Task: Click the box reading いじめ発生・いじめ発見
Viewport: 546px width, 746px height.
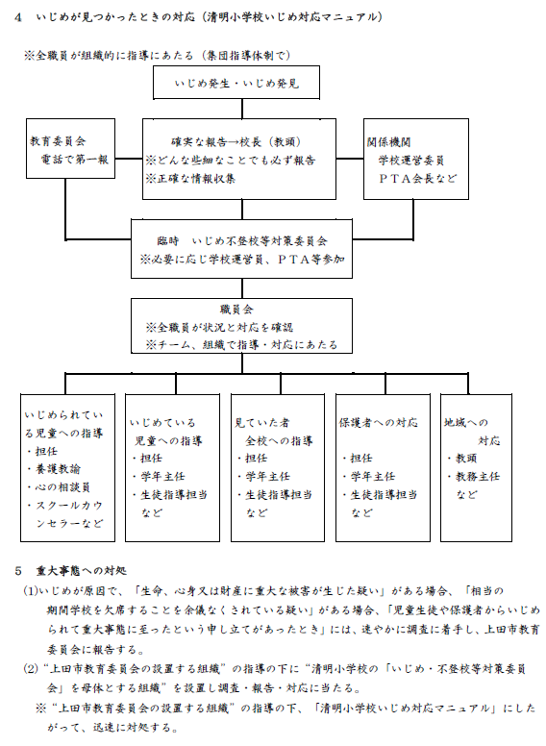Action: click(236, 85)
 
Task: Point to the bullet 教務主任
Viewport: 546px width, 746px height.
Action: click(481, 476)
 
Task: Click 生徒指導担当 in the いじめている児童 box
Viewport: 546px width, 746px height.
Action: click(169, 494)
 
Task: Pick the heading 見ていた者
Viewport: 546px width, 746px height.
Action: click(261, 421)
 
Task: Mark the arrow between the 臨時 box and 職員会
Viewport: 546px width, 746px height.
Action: click(236, 286)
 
